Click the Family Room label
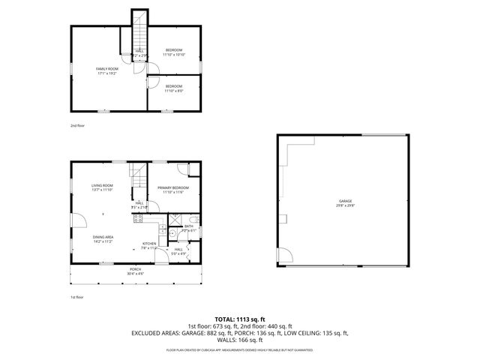pos(107,70)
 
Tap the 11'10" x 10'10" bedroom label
pos(174,52)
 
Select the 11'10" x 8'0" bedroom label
pos(174,88)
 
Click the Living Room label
pos(102,187)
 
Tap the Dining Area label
pos(102,239)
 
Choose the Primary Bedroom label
pos(173,190)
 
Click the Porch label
pos(135,271)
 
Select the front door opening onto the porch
pos(160,257)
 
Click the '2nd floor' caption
pos(77,125)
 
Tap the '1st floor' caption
pos(76,298)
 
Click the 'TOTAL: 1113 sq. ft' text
pos(239,319)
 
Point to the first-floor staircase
pos(136,178)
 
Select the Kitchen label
pos(149,244)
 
